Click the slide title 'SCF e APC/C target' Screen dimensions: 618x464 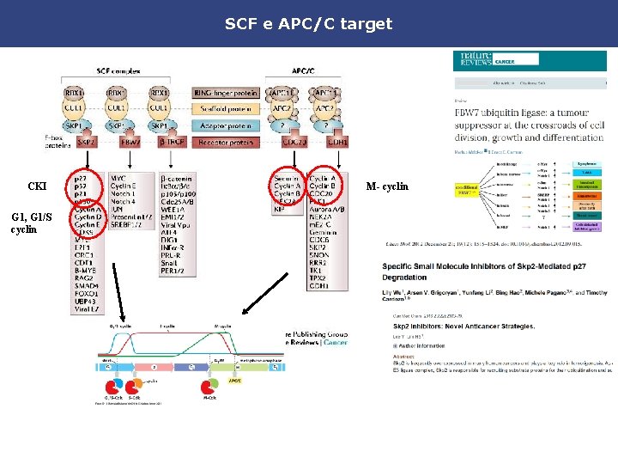tap(308, 23)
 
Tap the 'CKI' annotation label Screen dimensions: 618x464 tap(38, 186)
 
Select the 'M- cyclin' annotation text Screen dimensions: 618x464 tap(388, 186)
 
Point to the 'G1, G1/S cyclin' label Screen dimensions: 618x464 tap(33, 223)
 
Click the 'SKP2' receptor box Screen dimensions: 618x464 tap(85, 142)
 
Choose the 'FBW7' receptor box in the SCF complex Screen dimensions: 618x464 tap(130, 142)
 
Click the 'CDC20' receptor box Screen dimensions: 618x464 tap(293, 142)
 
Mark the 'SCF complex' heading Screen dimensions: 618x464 tap(118, 71)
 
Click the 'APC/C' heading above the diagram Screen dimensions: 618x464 tap(302, 71)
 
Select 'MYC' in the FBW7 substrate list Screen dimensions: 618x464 tap(118, 179)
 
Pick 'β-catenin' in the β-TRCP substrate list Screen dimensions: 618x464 tap(177, 179)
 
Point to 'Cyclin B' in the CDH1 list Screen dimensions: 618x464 tap(322, 186)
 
